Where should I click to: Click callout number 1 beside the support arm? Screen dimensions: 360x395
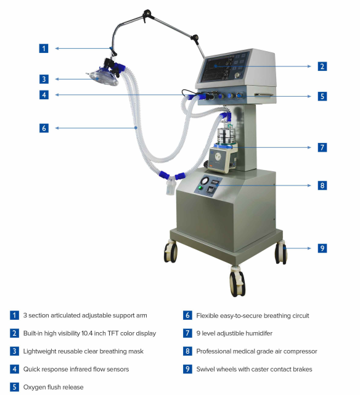click(44, 48)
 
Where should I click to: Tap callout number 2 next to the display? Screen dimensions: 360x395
click(322, 67)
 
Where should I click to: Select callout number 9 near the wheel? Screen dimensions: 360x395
click(322, 248)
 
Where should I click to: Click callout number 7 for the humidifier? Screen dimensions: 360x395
click(322, 147)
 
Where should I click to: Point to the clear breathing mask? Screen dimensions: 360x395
click(104, 77)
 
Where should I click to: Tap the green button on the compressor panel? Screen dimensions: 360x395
click(200, 188)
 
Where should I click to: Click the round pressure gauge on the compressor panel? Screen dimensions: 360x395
click(205, 181)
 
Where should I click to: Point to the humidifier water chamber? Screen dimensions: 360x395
click(226, 136)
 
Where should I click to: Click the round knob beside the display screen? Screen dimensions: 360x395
click(237, 75)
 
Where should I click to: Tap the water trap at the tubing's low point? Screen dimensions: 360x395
click(171, 187)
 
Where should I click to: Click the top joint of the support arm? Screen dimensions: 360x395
click(147, 14)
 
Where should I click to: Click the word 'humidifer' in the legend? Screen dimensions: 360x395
click(259, 333)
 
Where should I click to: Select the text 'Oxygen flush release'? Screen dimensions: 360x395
click(53, 387)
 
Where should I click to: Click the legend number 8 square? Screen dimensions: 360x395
click(187, 351)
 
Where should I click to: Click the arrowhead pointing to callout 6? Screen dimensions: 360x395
click(57, 128)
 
